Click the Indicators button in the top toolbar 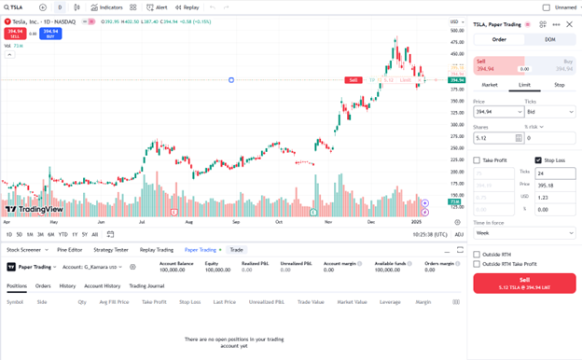click(107, 7)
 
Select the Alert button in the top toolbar click(159, 7)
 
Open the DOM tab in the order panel click(549, 39)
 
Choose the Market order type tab click(490, 85)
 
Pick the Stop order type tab click(559, 85)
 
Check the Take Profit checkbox click(478, 160)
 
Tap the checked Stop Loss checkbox click(538, 160)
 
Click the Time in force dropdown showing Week click(523, 233)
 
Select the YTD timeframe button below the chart click(63, 234)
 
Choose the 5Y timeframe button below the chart click(85, 234)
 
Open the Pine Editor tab click(70, 250)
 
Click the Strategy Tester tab click(110, 250)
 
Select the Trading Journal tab click(146, 285)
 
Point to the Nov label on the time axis click(327, 222)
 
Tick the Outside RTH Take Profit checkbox click(478, 264)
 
